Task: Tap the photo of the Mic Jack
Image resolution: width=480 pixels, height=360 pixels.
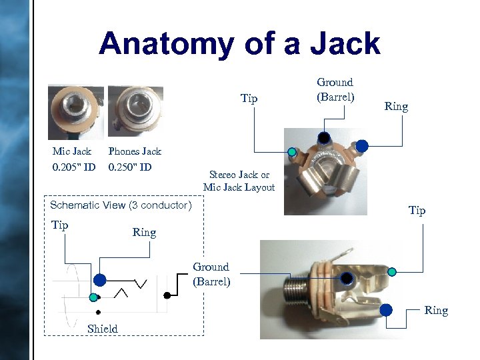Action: (75, 111)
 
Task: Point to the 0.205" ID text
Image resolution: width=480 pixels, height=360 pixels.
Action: (74, 167)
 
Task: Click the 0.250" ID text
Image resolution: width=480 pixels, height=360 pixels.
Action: (130, 167)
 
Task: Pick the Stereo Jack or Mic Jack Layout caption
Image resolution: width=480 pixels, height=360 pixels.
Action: (238, 181)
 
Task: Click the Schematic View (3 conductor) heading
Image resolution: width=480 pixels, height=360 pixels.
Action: (121, 205)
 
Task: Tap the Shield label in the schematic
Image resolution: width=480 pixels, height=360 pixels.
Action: (102, 328)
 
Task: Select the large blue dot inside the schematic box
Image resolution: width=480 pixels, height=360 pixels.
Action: (99, 279)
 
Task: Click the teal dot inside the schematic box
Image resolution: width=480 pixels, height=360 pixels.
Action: (94, 297)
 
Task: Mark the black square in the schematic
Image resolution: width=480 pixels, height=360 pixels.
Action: (166, 294)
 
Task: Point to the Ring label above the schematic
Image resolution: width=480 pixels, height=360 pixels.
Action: (144, 233)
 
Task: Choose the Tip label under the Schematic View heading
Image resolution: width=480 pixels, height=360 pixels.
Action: (60, 225)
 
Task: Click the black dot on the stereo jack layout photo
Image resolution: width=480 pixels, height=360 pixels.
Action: (323, 138)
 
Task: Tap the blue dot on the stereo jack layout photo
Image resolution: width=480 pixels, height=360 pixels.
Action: (362, 145)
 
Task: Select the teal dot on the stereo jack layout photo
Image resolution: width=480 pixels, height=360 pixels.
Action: (291, 152)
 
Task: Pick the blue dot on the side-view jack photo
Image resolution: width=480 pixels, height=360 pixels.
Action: (386, 309)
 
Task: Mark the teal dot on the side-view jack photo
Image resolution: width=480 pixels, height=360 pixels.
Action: (392, 271)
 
